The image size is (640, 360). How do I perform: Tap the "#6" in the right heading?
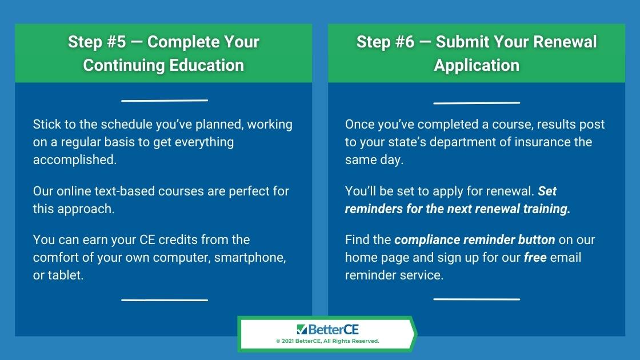tap(403, 42)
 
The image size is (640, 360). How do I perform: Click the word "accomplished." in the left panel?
tap(75, 159)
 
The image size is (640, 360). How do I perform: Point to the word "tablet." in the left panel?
tap(66, 275)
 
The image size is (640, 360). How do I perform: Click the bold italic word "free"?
tap(535, 258)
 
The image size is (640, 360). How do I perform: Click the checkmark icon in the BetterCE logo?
tap(302, 329)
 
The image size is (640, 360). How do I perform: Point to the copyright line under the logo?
tap(328, 341)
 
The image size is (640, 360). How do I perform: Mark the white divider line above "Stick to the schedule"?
tap(165, 101)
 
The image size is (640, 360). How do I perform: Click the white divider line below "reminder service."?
tap(477, 299)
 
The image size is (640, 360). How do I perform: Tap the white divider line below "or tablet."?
tap(165, 300)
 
